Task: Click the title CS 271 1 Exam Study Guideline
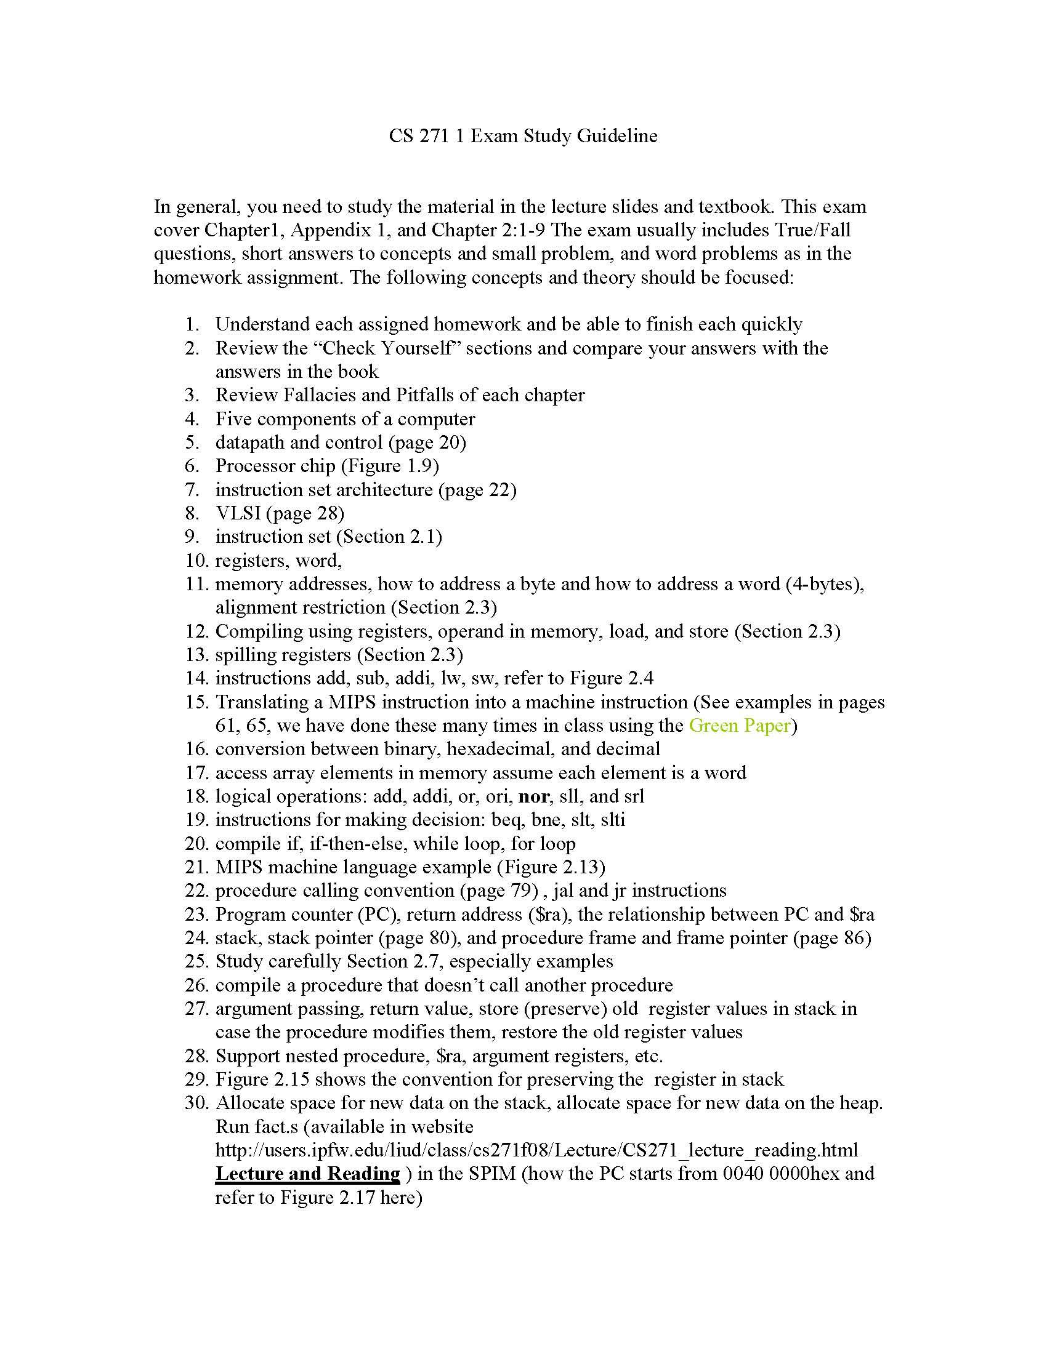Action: click(x=523, y=136)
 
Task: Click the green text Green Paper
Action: click(x=740, y=726)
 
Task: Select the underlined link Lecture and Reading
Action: click(x=308, y=1174)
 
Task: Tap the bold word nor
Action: click(x=533, y=796)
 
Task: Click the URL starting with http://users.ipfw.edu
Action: click(x=536, y=1150)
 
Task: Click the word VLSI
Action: click(x=238, y=513)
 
